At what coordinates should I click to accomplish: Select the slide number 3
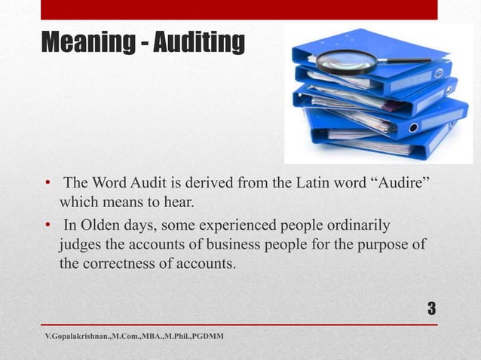click(x=431, y=309)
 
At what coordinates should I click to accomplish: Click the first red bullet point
click(x=47, y=184)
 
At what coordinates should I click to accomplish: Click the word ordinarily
click(x=359, y=225)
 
